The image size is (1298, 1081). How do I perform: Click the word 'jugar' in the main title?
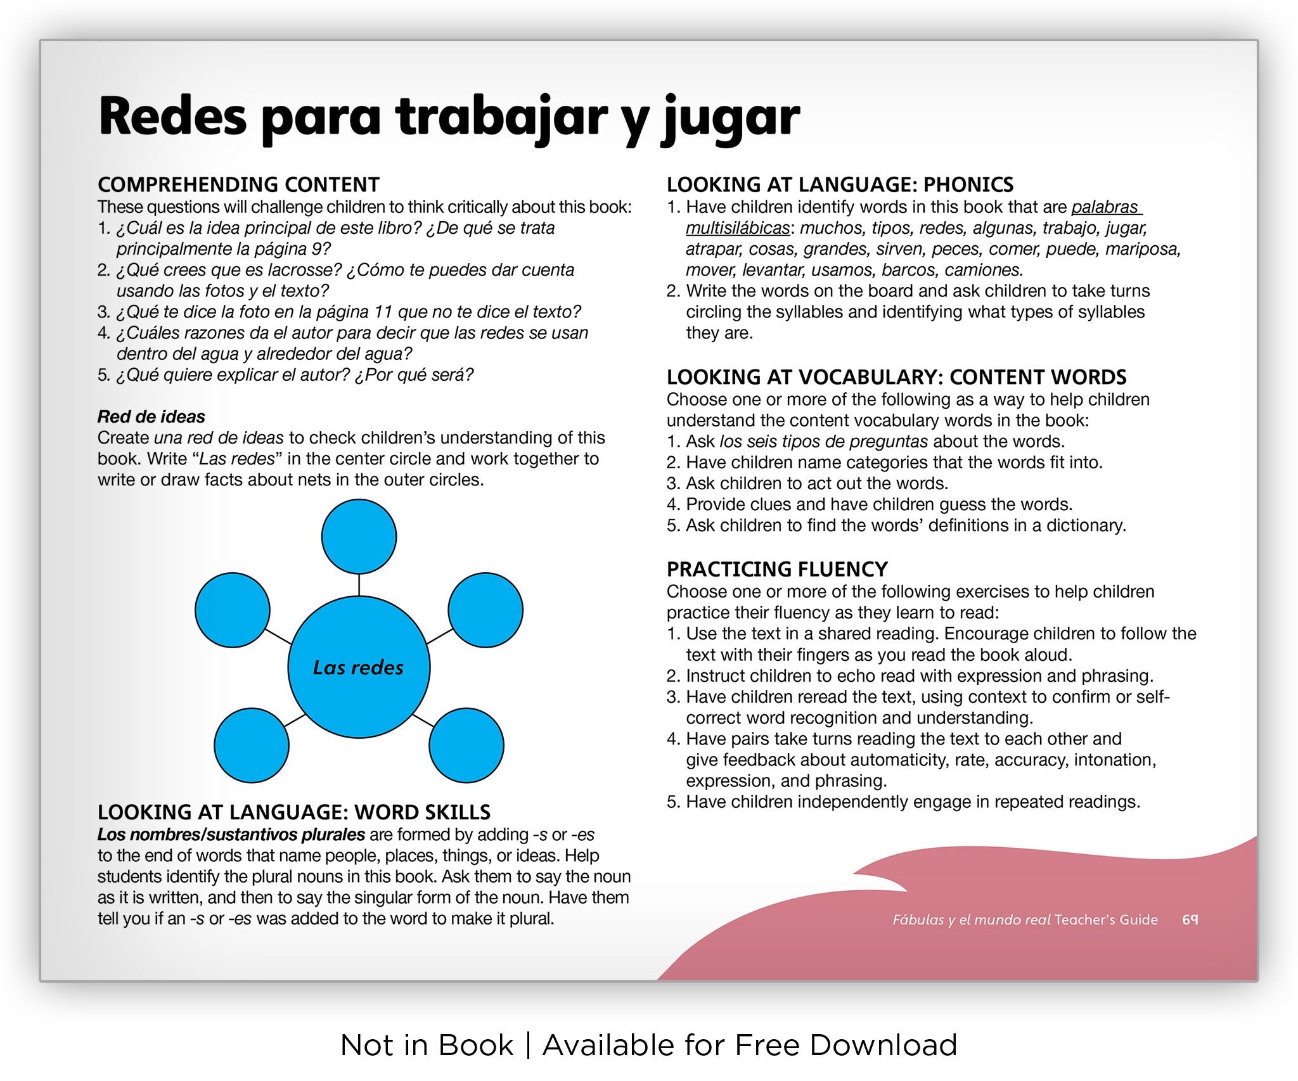coord(730,118)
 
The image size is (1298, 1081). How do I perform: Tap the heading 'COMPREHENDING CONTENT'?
coord(238,184)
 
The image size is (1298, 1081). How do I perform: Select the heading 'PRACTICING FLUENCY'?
coord(777,569)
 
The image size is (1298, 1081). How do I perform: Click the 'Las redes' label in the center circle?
coord(358,667)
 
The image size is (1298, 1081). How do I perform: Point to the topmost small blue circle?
coord(359,537)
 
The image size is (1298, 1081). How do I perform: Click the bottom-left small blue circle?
coord(252,745)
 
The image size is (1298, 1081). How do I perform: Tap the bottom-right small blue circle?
coord(466,745)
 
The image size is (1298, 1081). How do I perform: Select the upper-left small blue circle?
coord(233,610)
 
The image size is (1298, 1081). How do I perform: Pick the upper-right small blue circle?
coord(485,610)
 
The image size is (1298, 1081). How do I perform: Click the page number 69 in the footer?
coord(1190,919)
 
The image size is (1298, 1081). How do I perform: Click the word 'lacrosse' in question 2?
coord(305,270)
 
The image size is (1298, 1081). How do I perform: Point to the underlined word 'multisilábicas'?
coord(738,228)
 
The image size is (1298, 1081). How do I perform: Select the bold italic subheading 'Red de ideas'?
coord(151,416)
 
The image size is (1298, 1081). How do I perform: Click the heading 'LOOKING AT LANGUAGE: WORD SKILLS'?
coord(294,812)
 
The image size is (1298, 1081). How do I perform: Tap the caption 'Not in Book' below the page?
coord(427,1045)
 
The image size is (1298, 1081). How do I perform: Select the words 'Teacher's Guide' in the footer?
coord(1107,919)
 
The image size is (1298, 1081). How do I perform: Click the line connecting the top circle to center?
coord(359,584)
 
